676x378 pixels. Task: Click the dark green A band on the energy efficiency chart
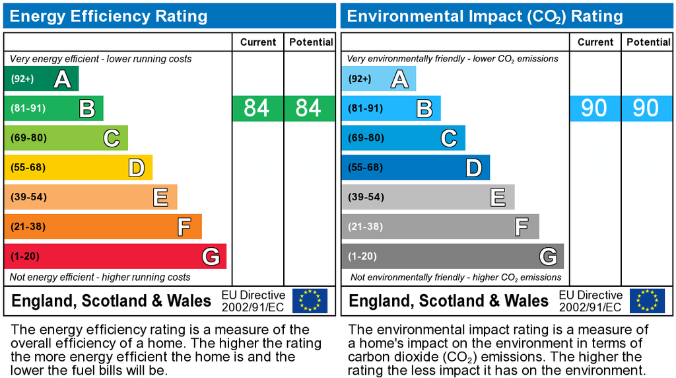[41, 79]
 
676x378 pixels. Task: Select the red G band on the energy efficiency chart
[115, 256]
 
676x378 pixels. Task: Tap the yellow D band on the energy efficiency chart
[78, 167]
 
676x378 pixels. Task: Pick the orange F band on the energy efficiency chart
[102, 227]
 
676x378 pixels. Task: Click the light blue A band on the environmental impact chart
[378, 79]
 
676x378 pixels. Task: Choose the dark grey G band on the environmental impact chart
[452, 256]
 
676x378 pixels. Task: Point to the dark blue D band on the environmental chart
[415, 167]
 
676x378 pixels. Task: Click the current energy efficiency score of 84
[257, 108]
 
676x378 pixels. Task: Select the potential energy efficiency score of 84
[308, 108]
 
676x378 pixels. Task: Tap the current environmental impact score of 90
[594, 108]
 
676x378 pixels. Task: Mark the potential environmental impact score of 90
[646, 108]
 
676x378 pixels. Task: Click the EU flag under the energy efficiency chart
[310, 301]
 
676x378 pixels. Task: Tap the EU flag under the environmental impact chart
[647, 301]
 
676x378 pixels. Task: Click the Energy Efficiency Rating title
[108, 17]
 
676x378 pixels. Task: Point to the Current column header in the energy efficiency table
[257, 42]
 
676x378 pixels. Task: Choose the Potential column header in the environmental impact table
[648, 42]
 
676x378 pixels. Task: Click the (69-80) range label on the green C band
[28, 138]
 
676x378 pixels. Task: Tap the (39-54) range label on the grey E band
[366, 197]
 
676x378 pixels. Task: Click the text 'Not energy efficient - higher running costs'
[100, 277]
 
